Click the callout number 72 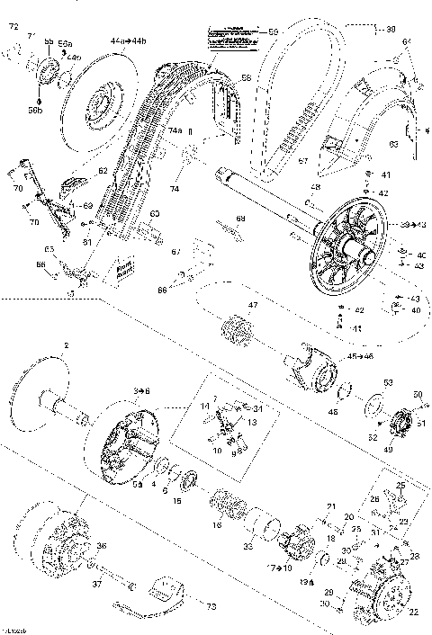coord(13,29)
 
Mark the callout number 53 coord(387,382)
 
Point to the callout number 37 coord(97,584)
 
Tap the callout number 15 coord(177,500)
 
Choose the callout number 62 coord(103,171)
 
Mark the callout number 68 coord(240,219)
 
